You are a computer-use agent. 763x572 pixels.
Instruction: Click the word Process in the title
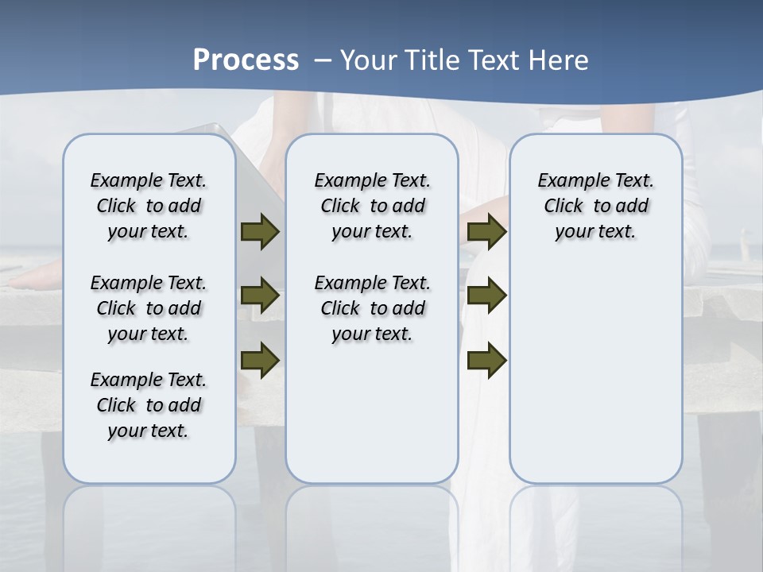(x=246, y=60)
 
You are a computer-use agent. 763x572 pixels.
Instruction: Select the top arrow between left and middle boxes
(x=260, y=232)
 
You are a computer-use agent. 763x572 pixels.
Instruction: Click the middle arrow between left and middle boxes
(x=260, y=296)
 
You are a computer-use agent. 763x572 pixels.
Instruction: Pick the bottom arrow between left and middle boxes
(x=260, y=360)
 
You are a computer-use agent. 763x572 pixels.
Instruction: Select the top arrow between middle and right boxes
(x=486, y=232)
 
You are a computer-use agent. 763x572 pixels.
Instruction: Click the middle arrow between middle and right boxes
(x=486, y=296)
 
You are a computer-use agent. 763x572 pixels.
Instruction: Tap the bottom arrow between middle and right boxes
(x=486, y=360)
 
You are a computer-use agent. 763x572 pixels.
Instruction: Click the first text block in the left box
(x=149, y=206)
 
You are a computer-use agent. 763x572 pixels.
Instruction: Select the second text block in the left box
(x=149, y=308)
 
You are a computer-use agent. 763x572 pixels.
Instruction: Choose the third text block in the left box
(x=149, y=405)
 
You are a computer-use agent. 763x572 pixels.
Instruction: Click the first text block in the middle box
(x=372, y=206)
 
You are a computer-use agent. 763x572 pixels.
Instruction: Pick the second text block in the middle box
(x=372, y=308)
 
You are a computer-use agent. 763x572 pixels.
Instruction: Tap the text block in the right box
(x=595, y=206)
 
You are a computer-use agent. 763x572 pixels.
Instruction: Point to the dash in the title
(x=323, y=60)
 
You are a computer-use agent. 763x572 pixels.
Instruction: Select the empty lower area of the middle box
(x=372, y=413)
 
